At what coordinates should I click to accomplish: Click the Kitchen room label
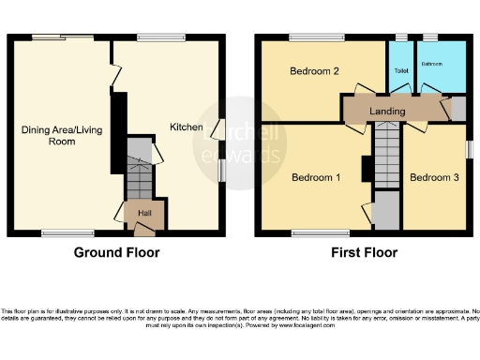click(x=183, y=127)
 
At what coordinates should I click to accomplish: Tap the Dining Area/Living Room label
click(x=49, y=136)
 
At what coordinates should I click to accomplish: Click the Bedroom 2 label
click(x=313, y=71)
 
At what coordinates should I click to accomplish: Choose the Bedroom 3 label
click(x=433, y=177)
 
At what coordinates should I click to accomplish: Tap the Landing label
click(x=387, y=112)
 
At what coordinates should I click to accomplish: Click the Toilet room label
click(x=400, y=70)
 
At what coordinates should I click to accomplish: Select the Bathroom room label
click(x=431, y=65)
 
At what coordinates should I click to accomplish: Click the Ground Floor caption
click(x=117, y=252)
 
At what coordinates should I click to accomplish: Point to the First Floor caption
click(x=364, y=252)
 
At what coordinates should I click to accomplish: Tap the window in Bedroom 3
click(x=469, y=150)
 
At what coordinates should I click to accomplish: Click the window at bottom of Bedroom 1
click(x=308, y=232)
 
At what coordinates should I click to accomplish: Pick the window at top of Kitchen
click(x=154, y=38)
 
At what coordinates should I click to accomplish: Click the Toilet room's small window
click(x=401, y=38)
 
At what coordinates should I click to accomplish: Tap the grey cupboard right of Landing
click(x=458, y=108)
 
